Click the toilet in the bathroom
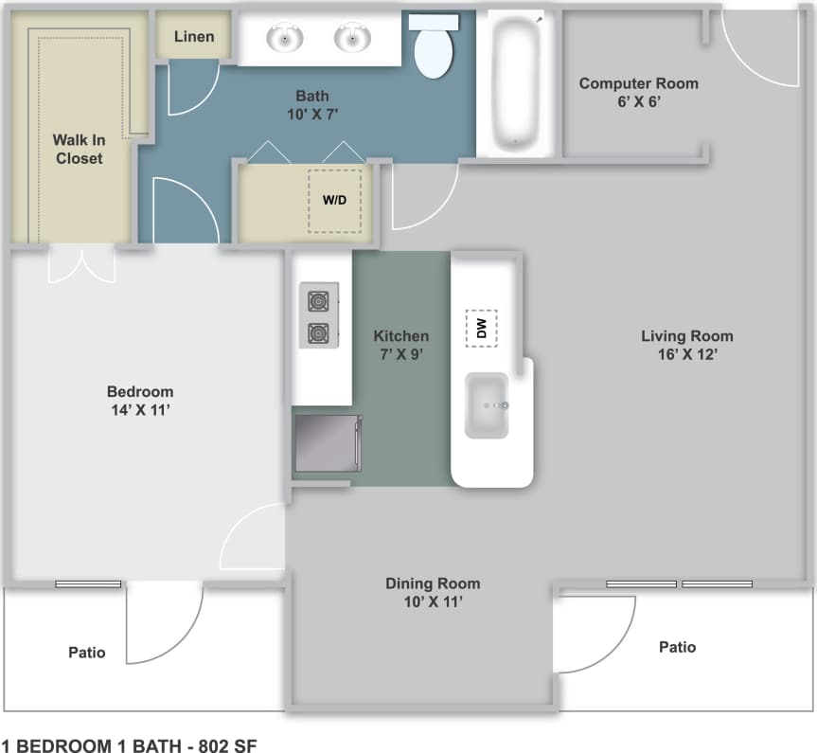point(433,47)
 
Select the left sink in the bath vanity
point(284,39)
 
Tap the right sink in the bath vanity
point(351,39)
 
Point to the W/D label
point(334,200)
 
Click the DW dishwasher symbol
point(481,328)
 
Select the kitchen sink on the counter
point(487,405)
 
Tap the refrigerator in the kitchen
point(328,443)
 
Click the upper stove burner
point(317,301)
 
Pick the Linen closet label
point(194,37)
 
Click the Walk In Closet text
point(79,149)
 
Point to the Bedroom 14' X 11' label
point(140,401)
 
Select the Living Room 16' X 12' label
point(686,345)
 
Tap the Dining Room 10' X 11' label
point(433,592)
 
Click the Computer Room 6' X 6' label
point(638,92)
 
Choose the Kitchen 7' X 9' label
point(400,345)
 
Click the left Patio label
point(87,653)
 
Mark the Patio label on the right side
point(677,647)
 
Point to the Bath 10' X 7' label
point(312,104)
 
